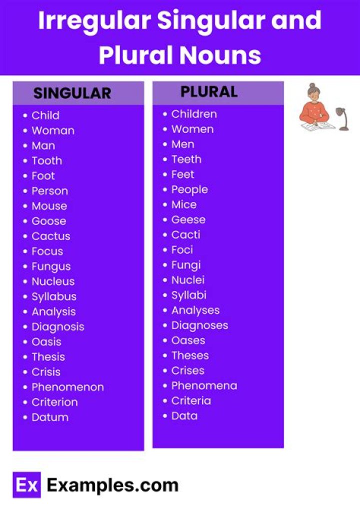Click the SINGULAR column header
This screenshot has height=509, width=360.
(72, 93)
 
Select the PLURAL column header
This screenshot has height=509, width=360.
(209, 92)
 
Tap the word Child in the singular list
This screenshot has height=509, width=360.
(45, 115)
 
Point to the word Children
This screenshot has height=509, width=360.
(194, 114)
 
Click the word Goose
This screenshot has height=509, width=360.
(48, 221)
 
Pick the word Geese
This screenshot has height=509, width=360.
(188, 219)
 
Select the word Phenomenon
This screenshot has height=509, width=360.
(67, 387)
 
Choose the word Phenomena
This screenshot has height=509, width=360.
(204, 385)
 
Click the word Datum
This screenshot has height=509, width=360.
(50, 417)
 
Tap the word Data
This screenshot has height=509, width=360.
(184, 415)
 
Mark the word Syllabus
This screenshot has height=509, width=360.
(54, 296)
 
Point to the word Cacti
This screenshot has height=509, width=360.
(185, 234)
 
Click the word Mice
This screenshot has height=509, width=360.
(184, 204)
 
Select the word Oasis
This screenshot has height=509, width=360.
(46, 342)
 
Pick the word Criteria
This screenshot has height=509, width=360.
(191, 400)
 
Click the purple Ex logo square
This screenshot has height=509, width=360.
(26, 485)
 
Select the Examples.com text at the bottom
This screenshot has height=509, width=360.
(112, 485)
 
